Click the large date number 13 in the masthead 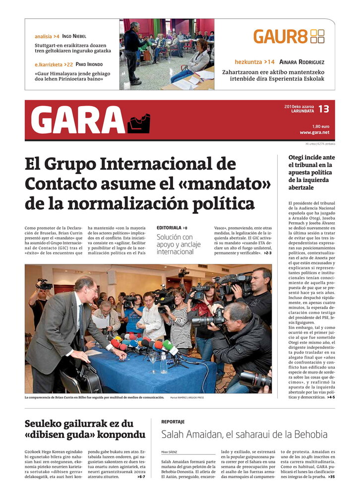[323, 109]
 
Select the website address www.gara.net [314, 132]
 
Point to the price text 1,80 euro [320, 126]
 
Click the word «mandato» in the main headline [232, 183]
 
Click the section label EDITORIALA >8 [172, 228]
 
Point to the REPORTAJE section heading [173, 422]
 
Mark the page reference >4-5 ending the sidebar [330, 397]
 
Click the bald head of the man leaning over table [86, 284]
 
